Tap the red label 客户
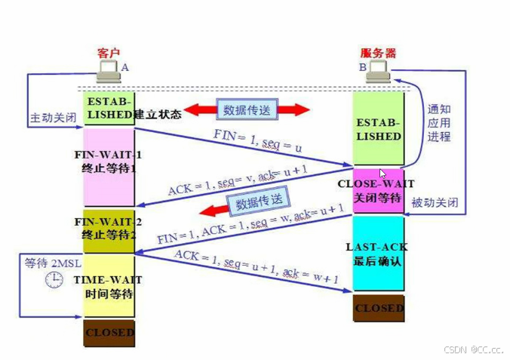pos(109,53)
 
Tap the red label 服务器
pos(378,53)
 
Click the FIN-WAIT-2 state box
pos(109,229)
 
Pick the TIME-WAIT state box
pos(109,285)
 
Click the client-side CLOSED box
pos(109,333)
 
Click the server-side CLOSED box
pos(379,308)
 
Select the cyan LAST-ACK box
pos(379,253)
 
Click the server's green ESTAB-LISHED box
pos(379,129)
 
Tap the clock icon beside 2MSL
pos(53,280)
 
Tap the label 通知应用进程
pos(439,123)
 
